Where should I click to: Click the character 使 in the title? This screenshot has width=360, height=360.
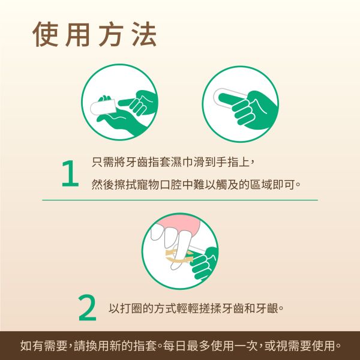45,34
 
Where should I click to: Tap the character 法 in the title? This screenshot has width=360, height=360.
145,34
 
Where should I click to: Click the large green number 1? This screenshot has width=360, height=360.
70,173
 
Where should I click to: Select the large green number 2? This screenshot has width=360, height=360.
87,308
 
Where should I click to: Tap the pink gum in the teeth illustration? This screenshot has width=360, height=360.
181,224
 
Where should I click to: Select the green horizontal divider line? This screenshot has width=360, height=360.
180,200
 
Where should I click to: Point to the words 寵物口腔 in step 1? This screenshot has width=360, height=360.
158,184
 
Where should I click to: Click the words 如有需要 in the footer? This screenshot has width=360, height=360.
44,346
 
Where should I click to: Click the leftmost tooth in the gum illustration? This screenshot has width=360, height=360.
157,232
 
